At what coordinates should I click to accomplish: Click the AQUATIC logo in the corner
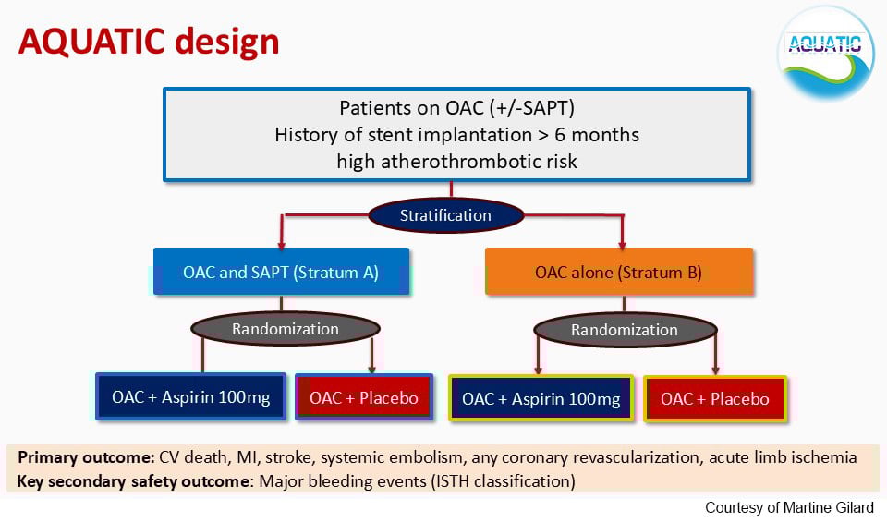click(826, 52)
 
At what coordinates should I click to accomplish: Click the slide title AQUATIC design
click(149, 42)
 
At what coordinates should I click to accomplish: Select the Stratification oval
click(445, 215)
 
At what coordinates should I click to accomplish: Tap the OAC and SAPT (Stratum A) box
click(281, 273)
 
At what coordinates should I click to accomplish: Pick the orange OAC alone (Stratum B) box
click(618, 273)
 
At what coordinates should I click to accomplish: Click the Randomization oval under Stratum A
click(285, 329)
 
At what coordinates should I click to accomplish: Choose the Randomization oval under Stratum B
click(624, 330)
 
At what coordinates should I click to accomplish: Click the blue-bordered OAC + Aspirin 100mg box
click(191, 398)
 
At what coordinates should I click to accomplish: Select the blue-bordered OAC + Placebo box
click(363, 398)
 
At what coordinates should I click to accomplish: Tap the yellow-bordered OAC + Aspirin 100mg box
click(541, 399)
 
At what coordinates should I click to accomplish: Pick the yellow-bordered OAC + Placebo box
click(715, 399)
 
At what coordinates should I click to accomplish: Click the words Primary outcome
click(86, 457)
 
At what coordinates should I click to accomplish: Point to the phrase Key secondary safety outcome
click(134, 480)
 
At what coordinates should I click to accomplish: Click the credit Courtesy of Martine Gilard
click(789, 508)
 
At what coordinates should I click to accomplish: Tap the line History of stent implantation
click(456, 135)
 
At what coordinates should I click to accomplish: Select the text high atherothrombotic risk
click(456, 162)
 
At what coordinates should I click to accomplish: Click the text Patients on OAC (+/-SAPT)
click(456, 107)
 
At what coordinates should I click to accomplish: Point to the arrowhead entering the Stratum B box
click(623, 245)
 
